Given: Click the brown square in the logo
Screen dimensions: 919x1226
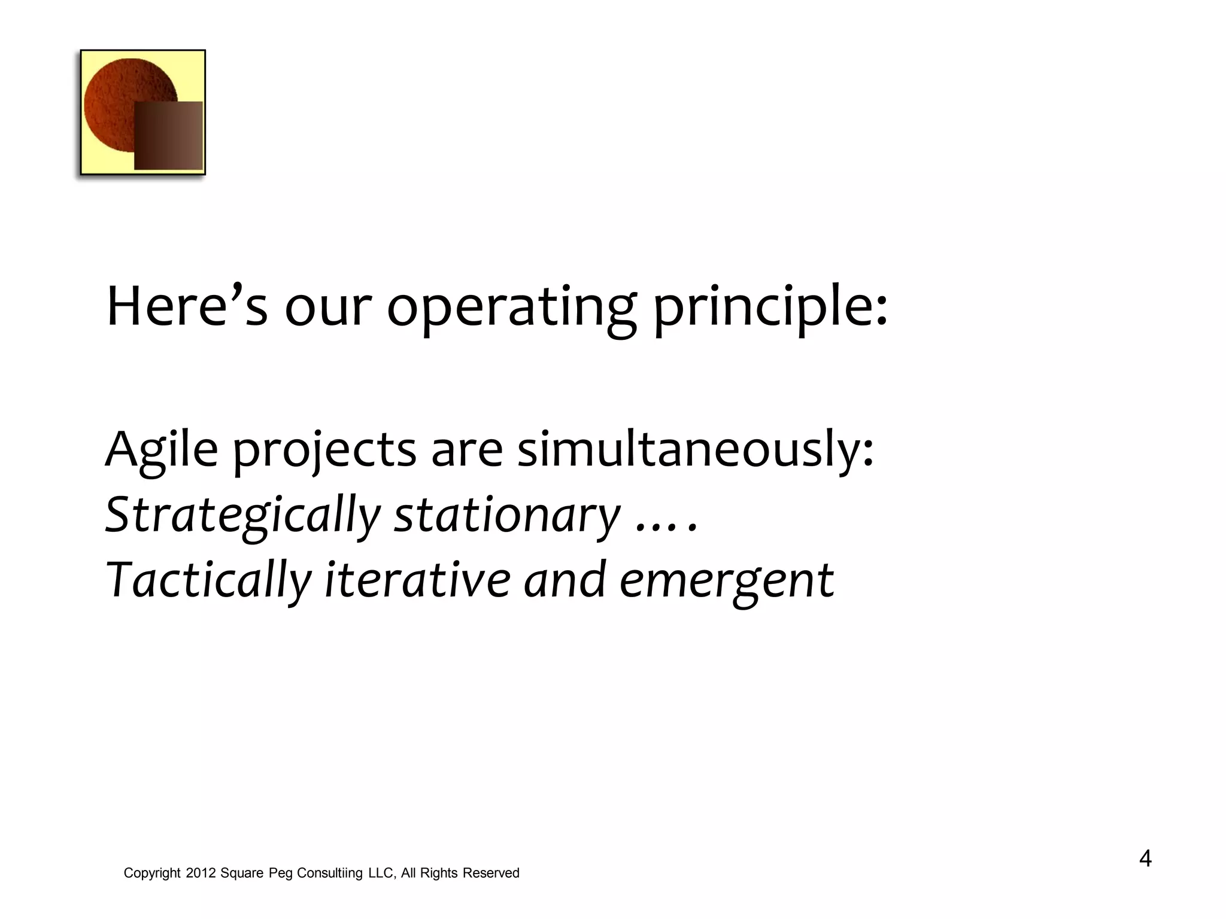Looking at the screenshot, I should pyautogui.click(x=168, y=136).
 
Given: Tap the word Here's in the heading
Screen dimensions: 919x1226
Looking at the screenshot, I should pyautogui.click(x=186, y=307).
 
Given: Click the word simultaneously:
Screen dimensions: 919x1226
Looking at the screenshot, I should pyautogui.click(x=695, y=450).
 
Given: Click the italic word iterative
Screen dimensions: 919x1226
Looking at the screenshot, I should pyautogui.click(x=417, y=579).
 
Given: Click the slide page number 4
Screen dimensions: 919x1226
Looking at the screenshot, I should pyautogui.click(x=1145, y=859).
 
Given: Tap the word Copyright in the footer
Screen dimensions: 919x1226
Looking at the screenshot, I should pyautogui.click(x=152, y=874).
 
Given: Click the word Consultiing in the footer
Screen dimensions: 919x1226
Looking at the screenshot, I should pyautogui.click(x=330, y=874).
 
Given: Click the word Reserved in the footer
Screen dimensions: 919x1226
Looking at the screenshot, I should pyautogui.click(x=490, y=874).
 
